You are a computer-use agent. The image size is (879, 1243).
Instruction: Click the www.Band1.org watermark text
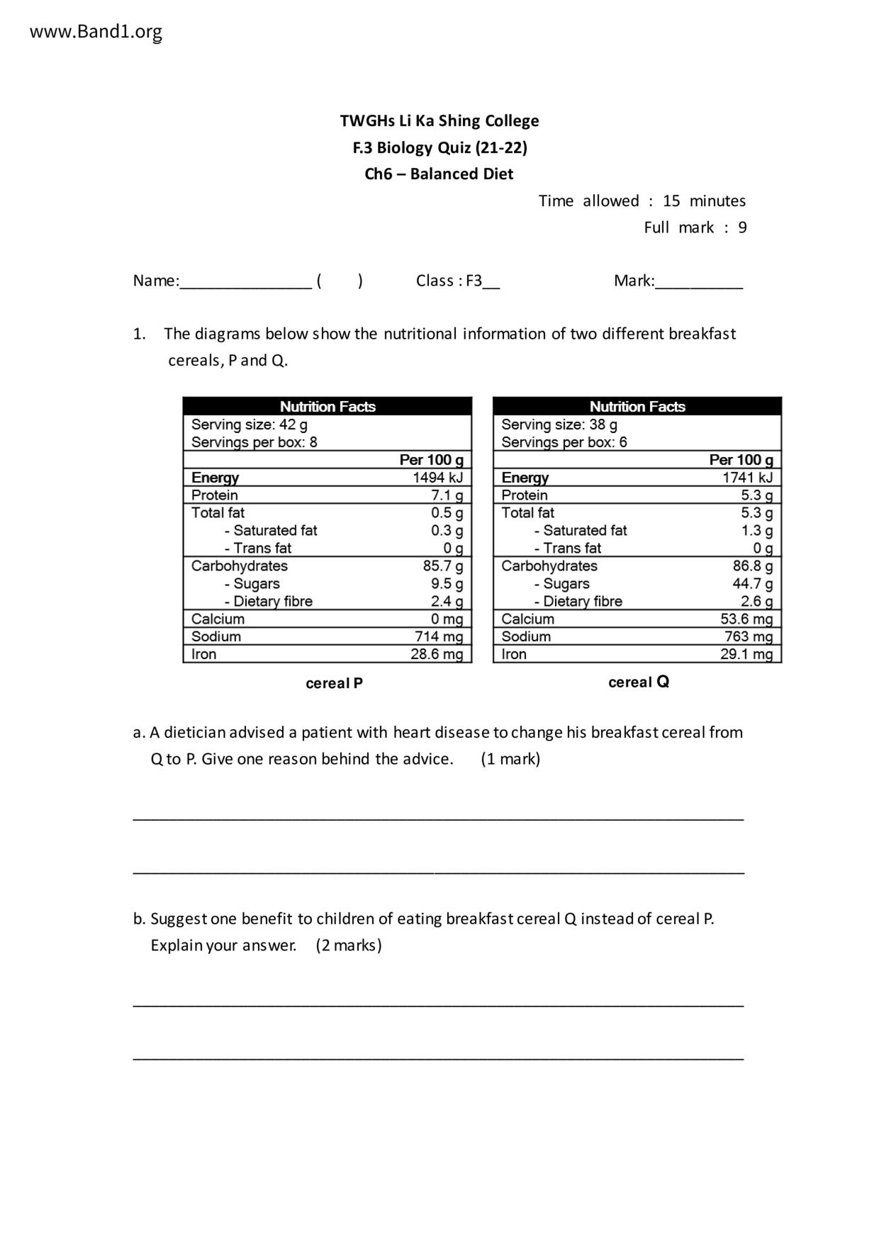96,32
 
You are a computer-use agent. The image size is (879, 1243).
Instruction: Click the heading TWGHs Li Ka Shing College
439,120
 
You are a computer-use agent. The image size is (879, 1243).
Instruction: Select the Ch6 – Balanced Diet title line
439,174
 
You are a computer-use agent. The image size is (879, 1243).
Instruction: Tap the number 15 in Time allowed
671,201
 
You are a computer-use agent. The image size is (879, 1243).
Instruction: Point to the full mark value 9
742,227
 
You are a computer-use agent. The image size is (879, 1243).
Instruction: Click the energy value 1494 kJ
437,478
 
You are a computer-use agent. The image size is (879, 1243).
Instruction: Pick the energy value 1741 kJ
747,478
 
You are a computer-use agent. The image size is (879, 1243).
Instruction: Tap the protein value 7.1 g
447,495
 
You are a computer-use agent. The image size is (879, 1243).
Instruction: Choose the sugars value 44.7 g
752,583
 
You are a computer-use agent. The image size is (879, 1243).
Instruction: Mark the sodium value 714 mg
439,636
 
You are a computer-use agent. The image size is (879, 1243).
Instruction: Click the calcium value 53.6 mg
746,619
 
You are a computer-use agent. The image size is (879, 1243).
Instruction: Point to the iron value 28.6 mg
437,654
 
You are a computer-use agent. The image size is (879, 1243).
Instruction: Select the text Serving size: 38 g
559,424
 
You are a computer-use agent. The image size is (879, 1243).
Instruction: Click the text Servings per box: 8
254,442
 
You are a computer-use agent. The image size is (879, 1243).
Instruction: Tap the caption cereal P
334,683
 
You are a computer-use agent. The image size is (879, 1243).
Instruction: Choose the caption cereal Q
639,682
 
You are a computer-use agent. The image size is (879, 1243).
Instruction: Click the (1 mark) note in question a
510,759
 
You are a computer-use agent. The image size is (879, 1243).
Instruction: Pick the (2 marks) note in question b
349,945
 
